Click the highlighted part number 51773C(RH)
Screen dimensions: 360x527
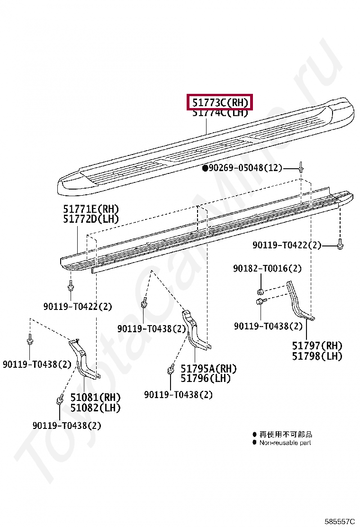click(220, 102)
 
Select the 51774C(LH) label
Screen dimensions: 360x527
click(220, 113)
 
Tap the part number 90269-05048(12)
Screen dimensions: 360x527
click(245, 168)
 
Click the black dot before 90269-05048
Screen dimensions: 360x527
click(205, 168)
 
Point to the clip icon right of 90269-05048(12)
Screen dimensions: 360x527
click(301, 167)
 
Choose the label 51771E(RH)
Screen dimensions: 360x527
click(90, 209)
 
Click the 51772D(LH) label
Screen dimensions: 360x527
click(90, 219)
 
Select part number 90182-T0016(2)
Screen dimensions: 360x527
click(267, 269)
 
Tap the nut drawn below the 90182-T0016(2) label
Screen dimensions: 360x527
click(260, 291)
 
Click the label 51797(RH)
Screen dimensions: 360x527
click(317, 346)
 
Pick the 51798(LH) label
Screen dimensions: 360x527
click(317, 356)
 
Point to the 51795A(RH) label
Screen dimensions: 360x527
click(208, 368)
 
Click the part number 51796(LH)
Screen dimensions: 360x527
click(206, 379)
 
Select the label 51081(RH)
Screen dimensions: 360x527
click(95, 397)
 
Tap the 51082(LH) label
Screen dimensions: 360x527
click(95, 408)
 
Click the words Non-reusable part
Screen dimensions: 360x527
click(285, 443)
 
